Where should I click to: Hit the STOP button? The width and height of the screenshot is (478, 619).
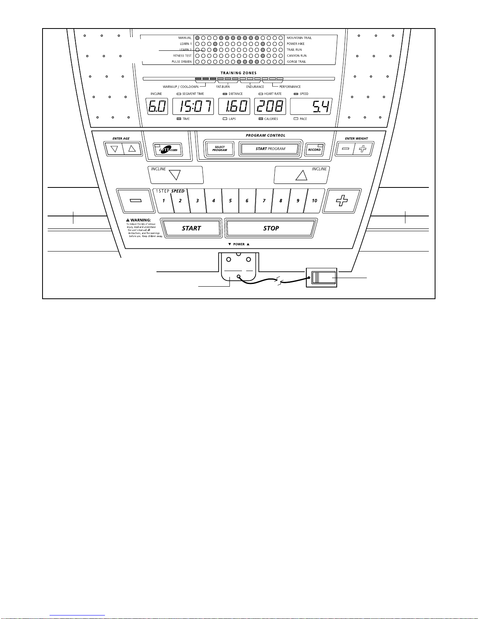[271, 228]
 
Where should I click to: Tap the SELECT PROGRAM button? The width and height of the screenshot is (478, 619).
[220, 149]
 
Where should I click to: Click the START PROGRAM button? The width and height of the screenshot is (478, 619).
[270, 149]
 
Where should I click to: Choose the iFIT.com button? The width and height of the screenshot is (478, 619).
[168, 149]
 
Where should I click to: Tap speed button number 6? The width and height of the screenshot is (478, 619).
[247, 201]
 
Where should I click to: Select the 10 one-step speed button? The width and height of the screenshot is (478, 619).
[315, 201]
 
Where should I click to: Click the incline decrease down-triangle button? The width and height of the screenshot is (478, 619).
[176, 175]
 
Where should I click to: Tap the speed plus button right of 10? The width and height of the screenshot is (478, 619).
[342, 201]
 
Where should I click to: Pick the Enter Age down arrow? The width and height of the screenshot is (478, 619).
[114, 149]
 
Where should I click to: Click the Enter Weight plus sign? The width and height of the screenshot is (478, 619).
[363, 149]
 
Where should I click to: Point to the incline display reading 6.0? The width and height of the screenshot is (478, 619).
[157, 107]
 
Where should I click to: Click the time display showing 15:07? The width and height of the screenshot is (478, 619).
[193, 107]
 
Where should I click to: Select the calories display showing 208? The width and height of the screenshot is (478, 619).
[270, 107]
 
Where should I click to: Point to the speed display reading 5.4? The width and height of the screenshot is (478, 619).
[311, 107]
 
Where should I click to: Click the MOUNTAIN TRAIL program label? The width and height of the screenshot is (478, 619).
[299, 38]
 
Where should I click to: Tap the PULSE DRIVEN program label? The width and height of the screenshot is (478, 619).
[181, 62]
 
